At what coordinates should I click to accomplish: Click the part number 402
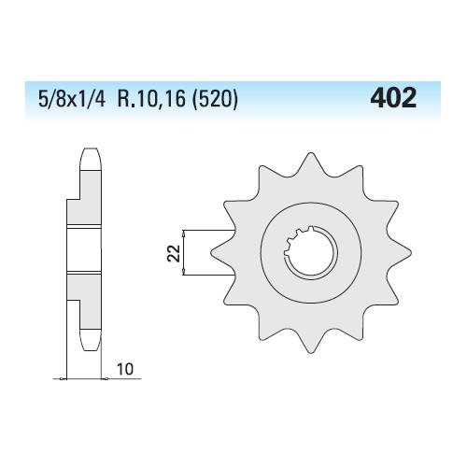coord(393,98)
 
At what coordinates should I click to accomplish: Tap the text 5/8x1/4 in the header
coord(72,99)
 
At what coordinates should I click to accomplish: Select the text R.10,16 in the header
coord(151,99)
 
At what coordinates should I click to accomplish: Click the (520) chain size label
coord(215,100)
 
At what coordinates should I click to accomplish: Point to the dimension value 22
coord(174,253)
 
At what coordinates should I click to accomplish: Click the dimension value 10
coord(125,369)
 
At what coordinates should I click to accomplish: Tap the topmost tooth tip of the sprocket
coord(310,153)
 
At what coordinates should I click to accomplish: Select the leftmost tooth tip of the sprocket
coord(212,253)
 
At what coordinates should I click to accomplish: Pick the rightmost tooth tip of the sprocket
coord(410,253)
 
